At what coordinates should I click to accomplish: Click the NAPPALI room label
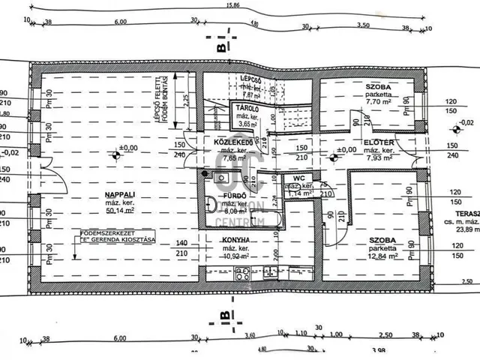coord(98,196)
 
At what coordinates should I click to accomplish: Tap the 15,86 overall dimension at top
coord(235,6)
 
